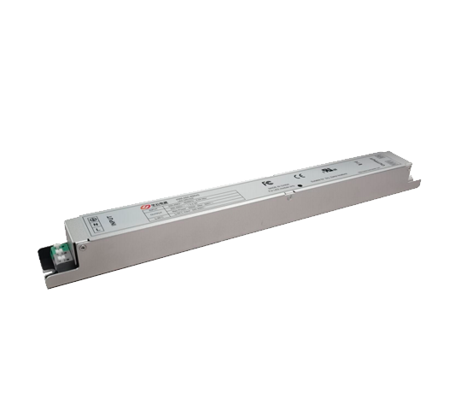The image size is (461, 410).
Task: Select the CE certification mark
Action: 299,176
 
